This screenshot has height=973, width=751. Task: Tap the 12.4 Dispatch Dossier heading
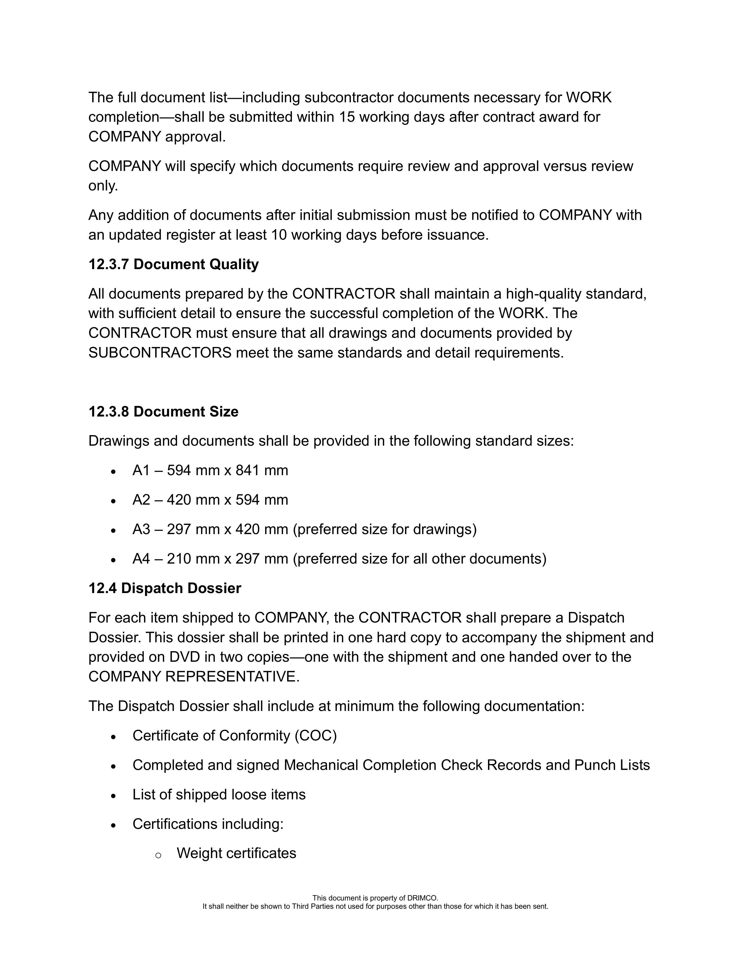point(164,588)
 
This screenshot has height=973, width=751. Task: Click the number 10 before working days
point(279,235)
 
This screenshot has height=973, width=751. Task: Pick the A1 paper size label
point(141,470)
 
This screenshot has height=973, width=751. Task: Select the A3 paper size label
point(141,529)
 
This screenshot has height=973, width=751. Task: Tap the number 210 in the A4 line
point(178,559)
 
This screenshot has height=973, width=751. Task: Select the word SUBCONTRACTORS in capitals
point(160,353)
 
